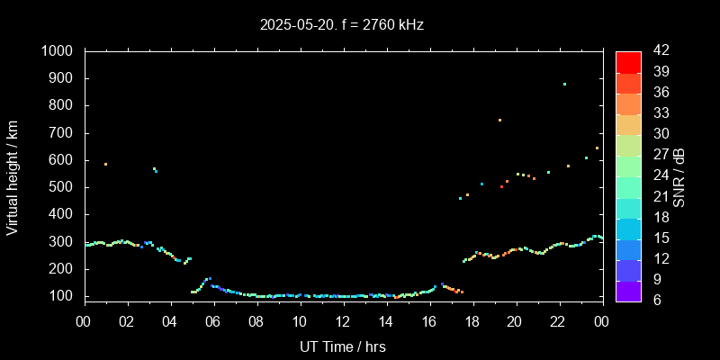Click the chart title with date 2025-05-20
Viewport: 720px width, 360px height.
click(x=341, y=24)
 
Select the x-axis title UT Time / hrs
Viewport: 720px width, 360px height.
click(x=343, y=346)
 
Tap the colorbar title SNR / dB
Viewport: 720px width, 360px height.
click(x=679, y=177)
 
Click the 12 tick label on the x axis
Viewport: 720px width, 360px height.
click(x=343, y=320)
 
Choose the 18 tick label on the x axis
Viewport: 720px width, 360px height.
click(x=472, y=320)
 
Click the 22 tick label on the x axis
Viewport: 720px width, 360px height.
click(x=558, y=320)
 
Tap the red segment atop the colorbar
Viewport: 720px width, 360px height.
click(x=628, y=62)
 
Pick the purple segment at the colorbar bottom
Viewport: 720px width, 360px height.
click(x=628, y=290)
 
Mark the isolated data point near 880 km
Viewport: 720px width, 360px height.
click(x=564, y=85)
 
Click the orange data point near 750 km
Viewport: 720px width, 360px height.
click(x=499, y=120)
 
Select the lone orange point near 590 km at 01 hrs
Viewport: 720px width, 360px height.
click(x=105, y=164)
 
